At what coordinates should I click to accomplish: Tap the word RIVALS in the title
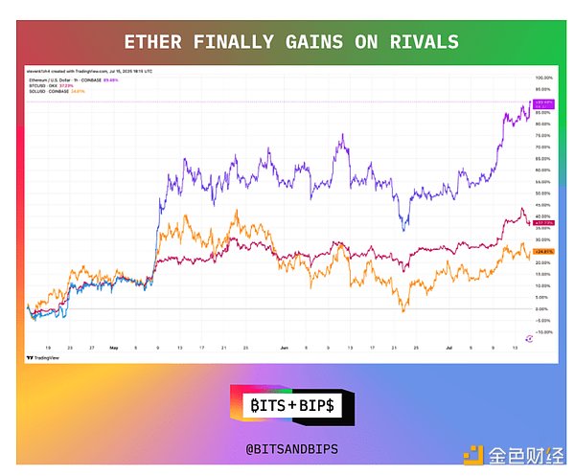pyautogui.click(x=424, y=41)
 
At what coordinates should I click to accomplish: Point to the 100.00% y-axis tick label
pyautogui.click(x=542, y=78)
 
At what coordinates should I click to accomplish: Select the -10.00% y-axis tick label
pyautogui.click(x=542, y=332)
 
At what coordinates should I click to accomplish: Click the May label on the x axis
pyautogui.click(x=112, y=350)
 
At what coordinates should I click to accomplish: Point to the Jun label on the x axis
pyautogui.click(x=286, y=350)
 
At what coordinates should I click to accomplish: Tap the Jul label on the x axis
pyautogui.click(x=448, y=350)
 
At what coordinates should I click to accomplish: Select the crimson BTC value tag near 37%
pyautogui.click(x=543, y=222)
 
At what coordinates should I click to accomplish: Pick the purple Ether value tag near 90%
pyautogui.click(x=543, y=101)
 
